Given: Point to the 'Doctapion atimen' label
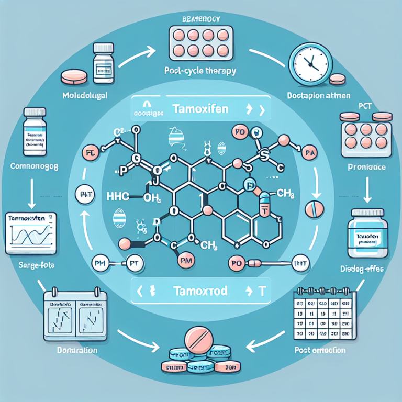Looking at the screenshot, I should (x=318, y=96).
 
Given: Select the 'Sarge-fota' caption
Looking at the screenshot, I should (x=28, y=265).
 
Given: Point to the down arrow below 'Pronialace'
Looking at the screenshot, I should (x=367, y=193).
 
